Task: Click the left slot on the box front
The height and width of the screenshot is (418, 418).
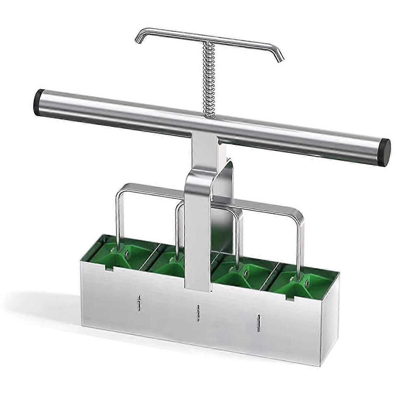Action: pyautogui.click(x=138, y=302)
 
